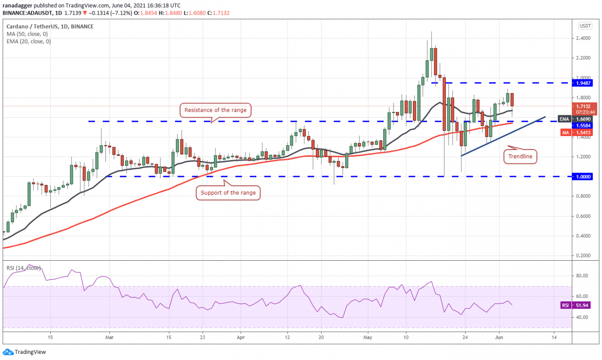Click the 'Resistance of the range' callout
coord(214,111)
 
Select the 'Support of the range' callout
coord(228,192)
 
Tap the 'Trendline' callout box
coord(521,157)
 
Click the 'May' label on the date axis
coord(368,337)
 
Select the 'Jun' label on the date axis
coord(501,337)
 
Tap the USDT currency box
coord(585,26)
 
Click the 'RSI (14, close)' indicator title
coord(24,268)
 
